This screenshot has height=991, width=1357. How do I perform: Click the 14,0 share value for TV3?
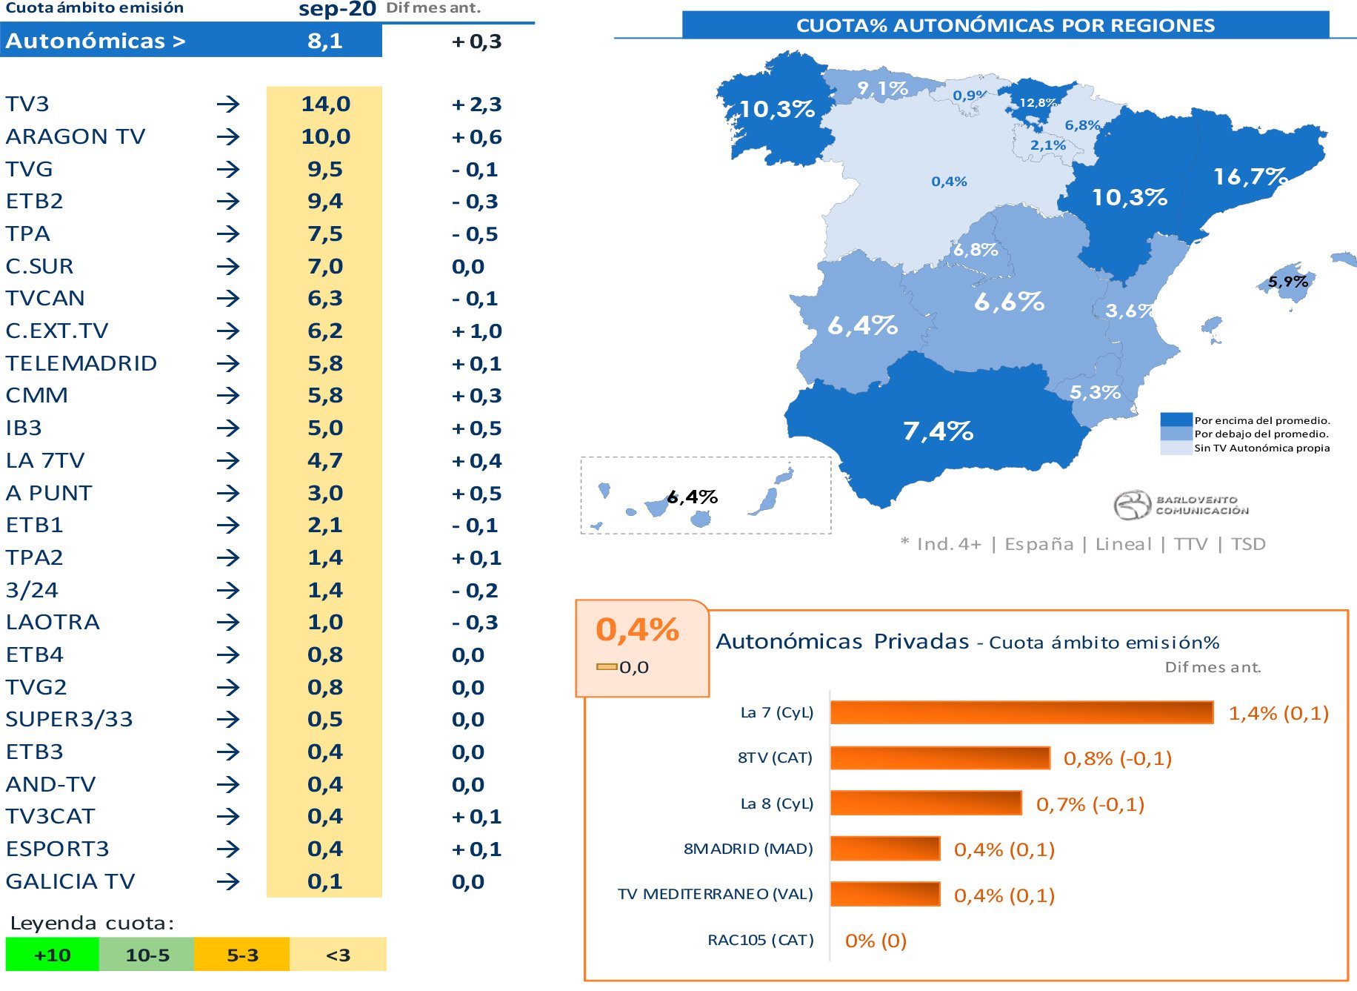click(325, 104)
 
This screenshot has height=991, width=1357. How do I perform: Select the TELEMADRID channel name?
click(81, 363)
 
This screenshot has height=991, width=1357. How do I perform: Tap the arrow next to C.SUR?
click(228, 266)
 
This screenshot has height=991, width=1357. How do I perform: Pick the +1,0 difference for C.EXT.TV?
click(476, 331)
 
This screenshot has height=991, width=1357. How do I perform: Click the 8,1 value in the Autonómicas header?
click(325, 41)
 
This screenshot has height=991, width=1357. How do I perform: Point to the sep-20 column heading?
click(337, 9)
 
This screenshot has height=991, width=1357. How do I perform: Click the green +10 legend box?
click(52, 955)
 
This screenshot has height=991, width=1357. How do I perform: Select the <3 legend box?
click(338, 955)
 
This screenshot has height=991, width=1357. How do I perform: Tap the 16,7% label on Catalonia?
click(1250, 176)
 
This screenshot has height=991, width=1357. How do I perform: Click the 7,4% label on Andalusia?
click(938, 431)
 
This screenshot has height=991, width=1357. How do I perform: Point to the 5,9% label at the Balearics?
click(1287, 282)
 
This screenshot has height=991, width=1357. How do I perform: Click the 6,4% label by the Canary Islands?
click(692, 497)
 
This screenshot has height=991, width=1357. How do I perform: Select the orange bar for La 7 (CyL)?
click(1021, 712)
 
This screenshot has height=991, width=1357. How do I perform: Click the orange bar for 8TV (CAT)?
click(940, 758)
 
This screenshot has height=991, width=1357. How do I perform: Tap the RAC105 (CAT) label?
click(760, 940)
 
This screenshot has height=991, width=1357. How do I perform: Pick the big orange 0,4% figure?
click(637, 630)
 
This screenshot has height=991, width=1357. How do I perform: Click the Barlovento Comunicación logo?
click(1181, 505)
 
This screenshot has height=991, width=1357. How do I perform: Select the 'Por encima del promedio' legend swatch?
click(1176, 420)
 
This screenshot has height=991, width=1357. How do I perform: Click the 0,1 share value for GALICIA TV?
click(325, 881)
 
